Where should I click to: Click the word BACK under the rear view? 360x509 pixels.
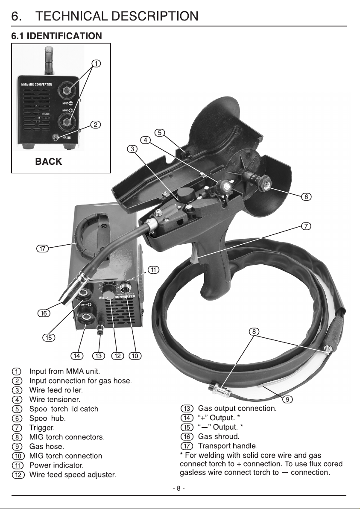[48, 161]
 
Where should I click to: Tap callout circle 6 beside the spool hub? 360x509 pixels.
[307, 197]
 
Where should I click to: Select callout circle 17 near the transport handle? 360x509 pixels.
[42, 249]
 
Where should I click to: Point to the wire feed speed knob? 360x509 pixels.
[110, 295]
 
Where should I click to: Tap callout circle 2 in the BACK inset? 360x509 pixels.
[95, 125]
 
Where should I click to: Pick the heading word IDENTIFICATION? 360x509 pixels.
[64, 36]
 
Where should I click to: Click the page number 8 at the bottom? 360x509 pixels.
[179, 488]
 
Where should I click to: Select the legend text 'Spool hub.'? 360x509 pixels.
[47, 418]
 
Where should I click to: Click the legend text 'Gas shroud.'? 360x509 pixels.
[219, 436]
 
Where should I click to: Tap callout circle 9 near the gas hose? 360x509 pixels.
[287, 399]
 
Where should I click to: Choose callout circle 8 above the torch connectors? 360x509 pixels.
[254, 331]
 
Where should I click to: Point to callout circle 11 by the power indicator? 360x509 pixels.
[154, 270]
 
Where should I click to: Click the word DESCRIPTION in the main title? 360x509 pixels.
[152, 16]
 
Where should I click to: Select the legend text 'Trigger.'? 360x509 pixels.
[42, 428]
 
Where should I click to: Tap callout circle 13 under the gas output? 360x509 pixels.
[98, 356]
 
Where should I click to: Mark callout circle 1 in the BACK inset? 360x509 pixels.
[96, 63]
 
